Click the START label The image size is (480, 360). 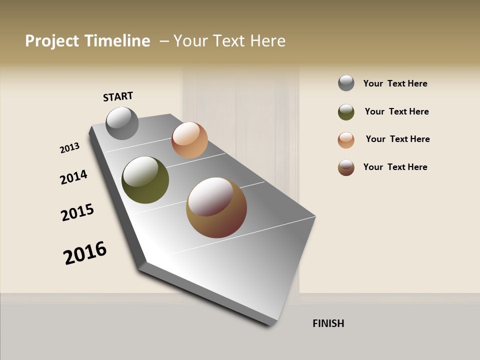pyautogui.click(x=118, y=96)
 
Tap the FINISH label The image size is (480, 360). pyautogui.click(x=328, y=323)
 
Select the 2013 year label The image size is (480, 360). pyautogui.click(x=69, y=148)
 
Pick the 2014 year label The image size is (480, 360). pyautogui.click(x=73, y=177)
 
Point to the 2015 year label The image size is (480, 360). pyautogui.click(x=77, y=212)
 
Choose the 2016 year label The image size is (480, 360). pyautogui.click(x=85, y=252)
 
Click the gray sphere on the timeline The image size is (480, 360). pyautogui.click(x=122, y=123)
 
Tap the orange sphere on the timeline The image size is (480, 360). pyautogui.click(x=189, y=140)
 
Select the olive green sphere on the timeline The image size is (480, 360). pyautogui.click(x=145, y=180)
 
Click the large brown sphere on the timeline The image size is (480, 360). pyautogui.click(x=216, y=207)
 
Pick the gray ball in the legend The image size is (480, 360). pyautogui.click(x=346, y=83)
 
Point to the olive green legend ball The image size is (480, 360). pyautogui.click(x=346, y=112)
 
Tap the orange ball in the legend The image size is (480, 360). pyautogui.click(x=346, y=140)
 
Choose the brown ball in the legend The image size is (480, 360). pyautogui.click(x=346, y=167)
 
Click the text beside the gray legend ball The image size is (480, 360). pyautogui.click(x=395, y=83)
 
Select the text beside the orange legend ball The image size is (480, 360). pyautogui.click(x=397, y=139)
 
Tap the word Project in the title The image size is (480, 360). pyautogui.click(x=51, y=41)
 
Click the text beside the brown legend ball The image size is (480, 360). pyautogui.click(x=395, y=167)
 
